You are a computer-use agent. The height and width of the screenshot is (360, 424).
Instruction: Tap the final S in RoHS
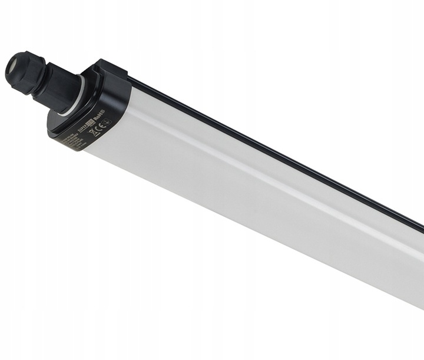pyautogui.click(x=103, y=113)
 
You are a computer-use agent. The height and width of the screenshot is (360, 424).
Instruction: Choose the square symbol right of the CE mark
pyautogui.click(x=107, y=122)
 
